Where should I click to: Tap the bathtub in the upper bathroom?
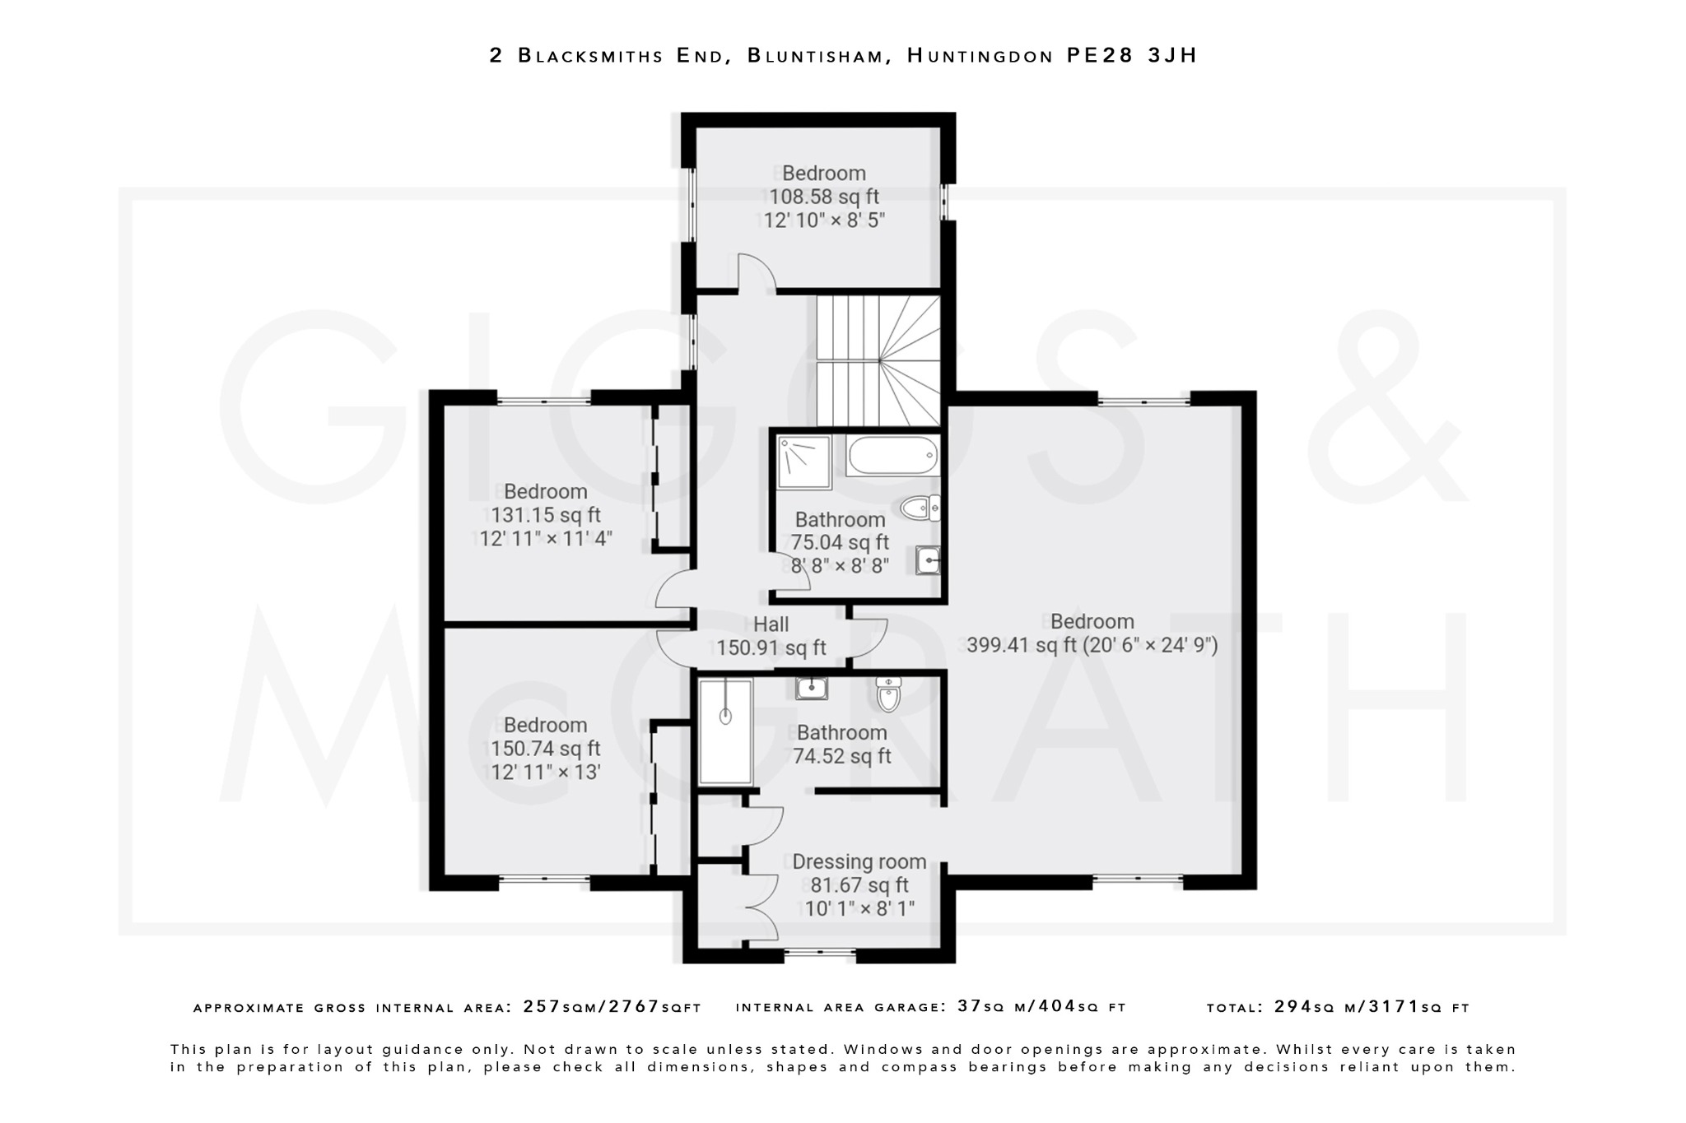coord(892,455)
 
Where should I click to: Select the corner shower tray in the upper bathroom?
coord(804,462)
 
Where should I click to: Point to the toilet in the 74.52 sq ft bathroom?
coord(888,694)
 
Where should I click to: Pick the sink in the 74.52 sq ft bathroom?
coord(812,688)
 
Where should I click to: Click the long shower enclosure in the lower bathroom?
coord(725,731)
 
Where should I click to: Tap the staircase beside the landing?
coord(878,360)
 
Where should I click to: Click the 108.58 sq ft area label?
coord(823,197)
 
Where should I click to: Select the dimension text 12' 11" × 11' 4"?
coord(546,539)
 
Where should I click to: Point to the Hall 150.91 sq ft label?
coord(771,637)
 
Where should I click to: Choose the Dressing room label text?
coord(859,862)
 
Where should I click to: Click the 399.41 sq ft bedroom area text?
coord(1021,645)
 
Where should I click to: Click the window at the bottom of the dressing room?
coord(819,954)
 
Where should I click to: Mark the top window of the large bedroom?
coord(1143,401)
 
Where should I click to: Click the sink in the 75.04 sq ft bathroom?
coord(928,560)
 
